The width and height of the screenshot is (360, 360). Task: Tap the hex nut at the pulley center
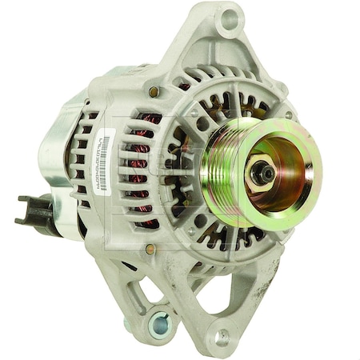260,171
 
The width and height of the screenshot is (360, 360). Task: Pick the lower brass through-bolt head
150,250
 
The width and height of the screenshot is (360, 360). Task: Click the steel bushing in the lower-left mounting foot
160,325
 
